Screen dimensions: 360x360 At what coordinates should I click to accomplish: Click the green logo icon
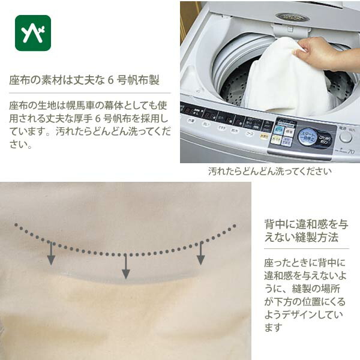33,33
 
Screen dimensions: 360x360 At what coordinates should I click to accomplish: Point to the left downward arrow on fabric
52,253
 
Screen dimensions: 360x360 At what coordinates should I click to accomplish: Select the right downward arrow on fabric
201,253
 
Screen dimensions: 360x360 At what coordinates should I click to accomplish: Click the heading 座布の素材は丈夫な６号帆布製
84,80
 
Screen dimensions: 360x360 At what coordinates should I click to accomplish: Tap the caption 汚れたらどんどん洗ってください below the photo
269,171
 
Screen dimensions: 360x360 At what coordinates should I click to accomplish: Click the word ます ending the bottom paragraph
273,328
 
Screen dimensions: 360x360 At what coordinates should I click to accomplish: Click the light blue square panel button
279,128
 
